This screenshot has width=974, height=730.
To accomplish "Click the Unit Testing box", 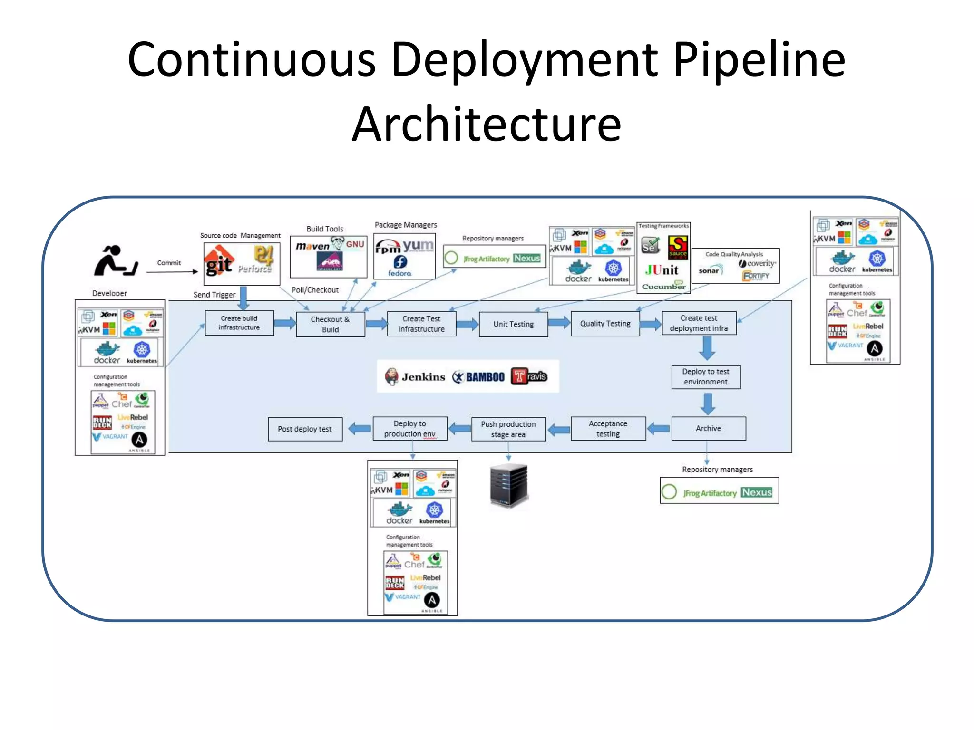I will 513,324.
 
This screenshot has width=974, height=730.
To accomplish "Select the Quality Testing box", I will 605,324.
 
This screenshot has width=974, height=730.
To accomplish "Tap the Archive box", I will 708,428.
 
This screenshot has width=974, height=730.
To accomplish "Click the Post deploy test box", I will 305,429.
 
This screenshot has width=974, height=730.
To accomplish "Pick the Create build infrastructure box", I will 239,323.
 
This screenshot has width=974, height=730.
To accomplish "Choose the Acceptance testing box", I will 608,429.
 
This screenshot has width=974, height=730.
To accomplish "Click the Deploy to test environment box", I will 705,377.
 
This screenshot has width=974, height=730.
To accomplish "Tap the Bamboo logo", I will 478,377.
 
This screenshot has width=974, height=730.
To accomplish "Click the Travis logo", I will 529,376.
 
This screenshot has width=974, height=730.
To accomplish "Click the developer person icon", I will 115,261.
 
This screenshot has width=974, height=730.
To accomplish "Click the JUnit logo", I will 662,270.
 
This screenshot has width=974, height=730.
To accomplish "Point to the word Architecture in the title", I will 486,125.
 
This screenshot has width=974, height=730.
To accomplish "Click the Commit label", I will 169,263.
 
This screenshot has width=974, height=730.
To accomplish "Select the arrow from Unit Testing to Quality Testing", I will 559,323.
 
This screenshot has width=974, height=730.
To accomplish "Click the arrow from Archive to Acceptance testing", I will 659,429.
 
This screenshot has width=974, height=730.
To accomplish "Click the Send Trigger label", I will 214,295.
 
